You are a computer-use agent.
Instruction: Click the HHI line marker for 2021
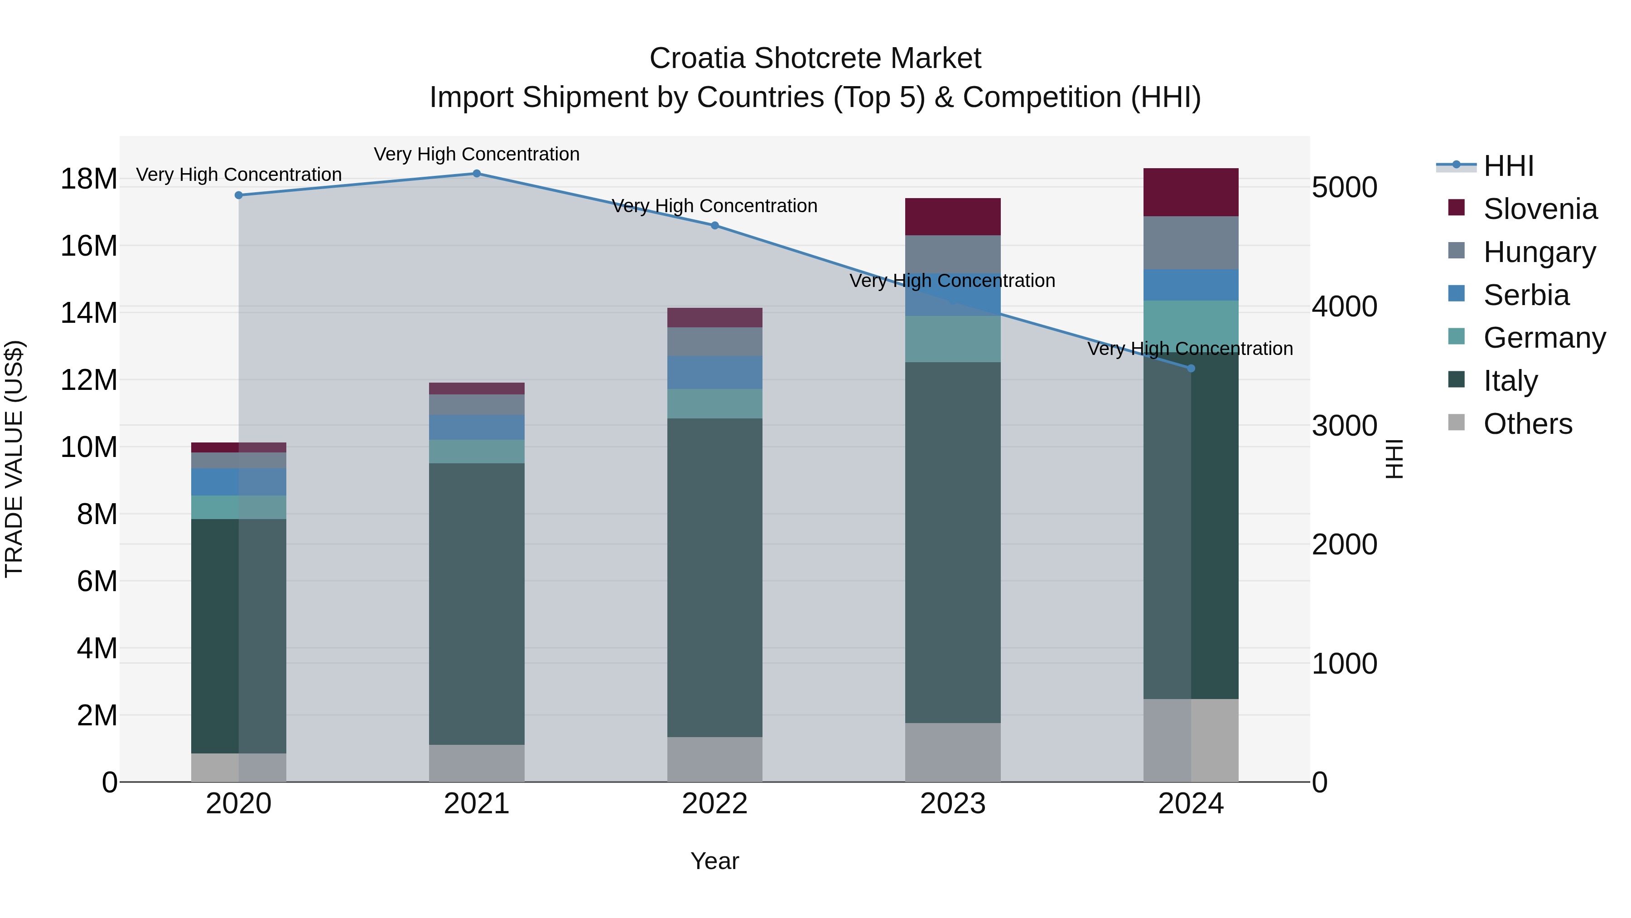click(x=477, y=173)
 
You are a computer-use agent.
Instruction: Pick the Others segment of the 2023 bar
click(x=952, y=752)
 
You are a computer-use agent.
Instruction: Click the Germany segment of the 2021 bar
click(x=477, y=451)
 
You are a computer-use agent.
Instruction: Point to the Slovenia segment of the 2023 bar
click(x=952, y=216)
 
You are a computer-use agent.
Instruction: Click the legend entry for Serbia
click(x=1526, y=295)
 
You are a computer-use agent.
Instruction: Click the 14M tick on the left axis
click(x=89, y=312)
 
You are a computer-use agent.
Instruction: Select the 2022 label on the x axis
click(x=715, y=804)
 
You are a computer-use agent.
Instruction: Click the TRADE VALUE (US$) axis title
click(x=14, y=459)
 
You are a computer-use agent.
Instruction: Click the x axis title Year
click(x=715, y=861)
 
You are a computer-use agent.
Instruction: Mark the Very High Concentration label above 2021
click(x=477, y=154)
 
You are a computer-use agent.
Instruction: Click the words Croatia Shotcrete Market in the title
click(x=815, y=58)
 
